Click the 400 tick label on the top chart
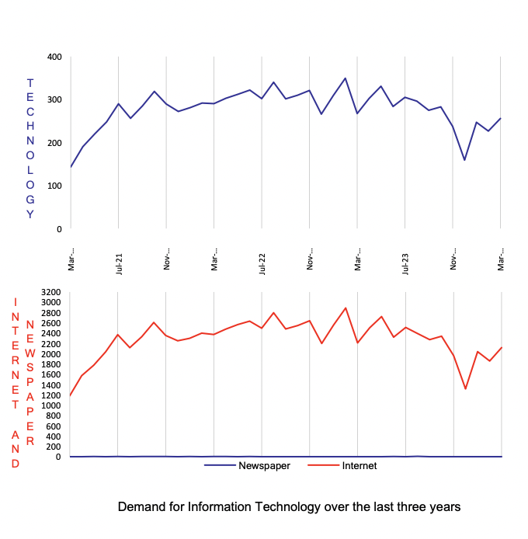coord(54,57)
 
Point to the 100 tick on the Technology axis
coord(54,186)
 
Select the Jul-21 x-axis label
coord(118,262)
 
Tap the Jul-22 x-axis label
coord(262,262)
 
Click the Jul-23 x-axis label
coord(405,262)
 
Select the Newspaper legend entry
coord(263,466)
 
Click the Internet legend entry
coord(360,466)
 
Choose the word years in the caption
coord(445,507)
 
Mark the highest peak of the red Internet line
coord(346,308)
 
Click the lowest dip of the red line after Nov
coord(465,389)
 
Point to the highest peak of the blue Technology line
coord(346,78)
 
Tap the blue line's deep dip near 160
coord(465,160)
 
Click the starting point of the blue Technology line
coord(71,167)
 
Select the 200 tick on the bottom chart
coord(53,447)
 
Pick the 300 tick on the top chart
coord(54,100)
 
